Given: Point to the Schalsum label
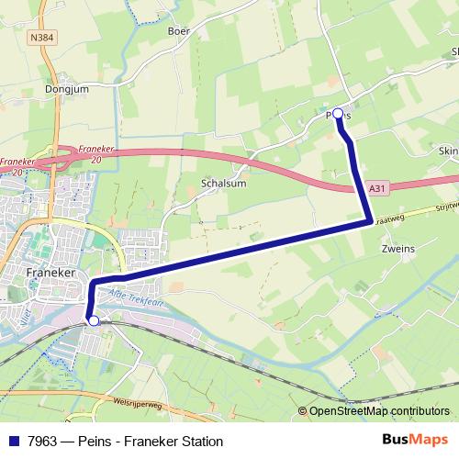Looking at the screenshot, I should [220, 183].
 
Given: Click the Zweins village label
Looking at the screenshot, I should [397, 249].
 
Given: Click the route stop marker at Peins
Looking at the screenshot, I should [338, 114].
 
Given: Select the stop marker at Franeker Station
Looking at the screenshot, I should [93, 320].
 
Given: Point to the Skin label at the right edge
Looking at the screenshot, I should [449, 151].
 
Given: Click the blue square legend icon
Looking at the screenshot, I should [13, 442].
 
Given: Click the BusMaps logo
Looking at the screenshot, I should [415, 441].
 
